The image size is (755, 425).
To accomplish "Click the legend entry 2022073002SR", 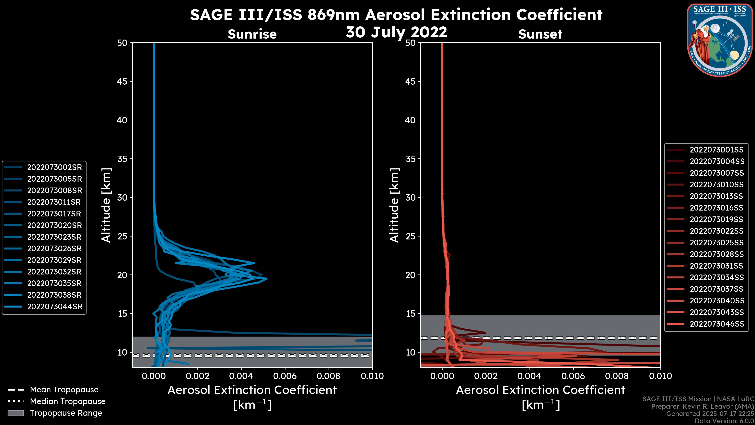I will point(54,167).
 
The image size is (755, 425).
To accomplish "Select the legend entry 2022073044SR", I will point(55,307).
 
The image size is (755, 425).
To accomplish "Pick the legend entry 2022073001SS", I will point(716,150).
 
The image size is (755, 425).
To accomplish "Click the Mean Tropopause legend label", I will point(64,390).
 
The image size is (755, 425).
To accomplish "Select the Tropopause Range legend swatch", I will point(16,413).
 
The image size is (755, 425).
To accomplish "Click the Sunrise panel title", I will point(252,34).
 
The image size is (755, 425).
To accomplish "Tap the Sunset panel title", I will point(540,34).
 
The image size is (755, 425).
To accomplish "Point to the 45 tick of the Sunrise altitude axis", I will point(122,81).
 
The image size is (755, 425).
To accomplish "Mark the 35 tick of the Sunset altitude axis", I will point(410,159).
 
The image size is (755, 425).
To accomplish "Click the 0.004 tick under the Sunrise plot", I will point(241,376).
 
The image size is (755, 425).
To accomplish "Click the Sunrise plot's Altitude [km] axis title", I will point(106,205).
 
